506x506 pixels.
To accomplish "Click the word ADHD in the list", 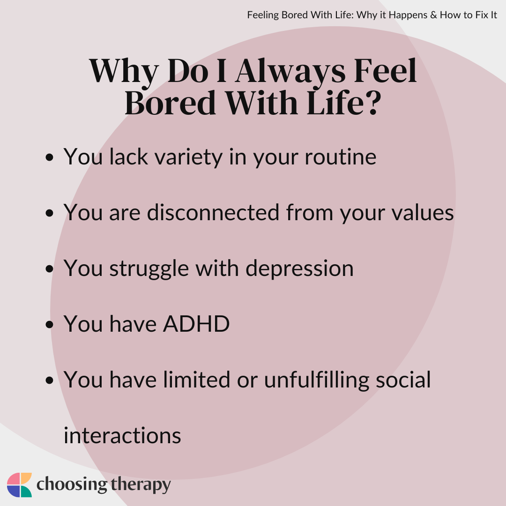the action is [196, 324].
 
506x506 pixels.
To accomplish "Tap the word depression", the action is [299, 269].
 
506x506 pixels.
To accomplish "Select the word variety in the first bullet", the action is [188, 157].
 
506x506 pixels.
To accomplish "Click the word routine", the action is [341, 157].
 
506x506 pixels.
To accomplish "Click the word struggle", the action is [149, 269].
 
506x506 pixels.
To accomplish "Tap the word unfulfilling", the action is [317, 380].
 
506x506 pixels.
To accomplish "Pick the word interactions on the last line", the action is [122, 436].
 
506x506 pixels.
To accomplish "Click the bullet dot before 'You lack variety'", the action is [49, 157].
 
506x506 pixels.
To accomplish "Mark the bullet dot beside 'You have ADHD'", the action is [49, 324].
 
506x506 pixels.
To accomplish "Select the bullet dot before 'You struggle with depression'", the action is [49, 268].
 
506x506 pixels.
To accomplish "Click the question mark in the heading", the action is [374, 103].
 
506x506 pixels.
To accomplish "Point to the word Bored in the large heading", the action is [170, 103].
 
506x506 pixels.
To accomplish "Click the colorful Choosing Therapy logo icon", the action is [19, 485].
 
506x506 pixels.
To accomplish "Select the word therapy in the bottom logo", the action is [141, 485].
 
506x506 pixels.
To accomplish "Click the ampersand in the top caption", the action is [433, 15].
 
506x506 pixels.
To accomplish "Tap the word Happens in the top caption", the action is [408, 15].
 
